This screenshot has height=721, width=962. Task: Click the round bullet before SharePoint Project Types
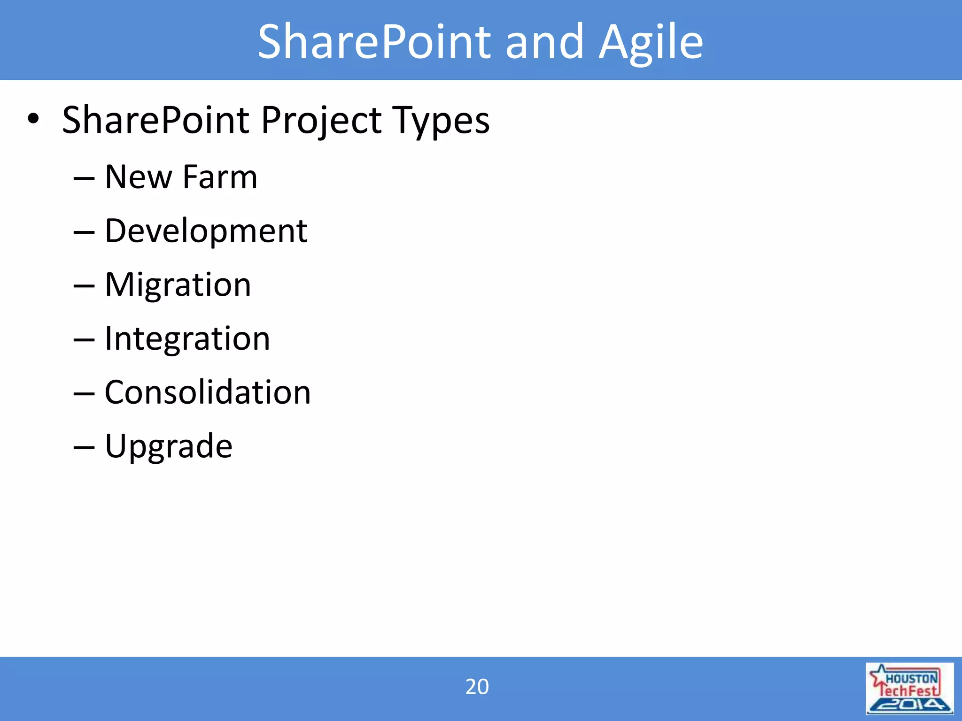click(x=33, y=119)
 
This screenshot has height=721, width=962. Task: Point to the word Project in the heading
click(x=322, y=121)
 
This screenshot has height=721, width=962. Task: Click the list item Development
click(x=206, y=231)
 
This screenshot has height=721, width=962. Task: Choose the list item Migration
click(x=178, y=285)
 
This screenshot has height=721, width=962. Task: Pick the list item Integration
click(x=187, y=338)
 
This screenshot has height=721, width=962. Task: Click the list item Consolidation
click(x=207, y=392)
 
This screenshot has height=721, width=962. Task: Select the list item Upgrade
click(x=168, y=446)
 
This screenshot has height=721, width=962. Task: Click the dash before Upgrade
click(x=84, y=447)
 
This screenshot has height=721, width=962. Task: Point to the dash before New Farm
click(x=84, y=178)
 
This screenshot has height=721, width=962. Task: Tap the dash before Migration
click(x=84, y=286)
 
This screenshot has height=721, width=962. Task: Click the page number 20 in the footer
click(x=477, y=687)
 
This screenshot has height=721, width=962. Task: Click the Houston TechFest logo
click(x=909, y=689)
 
